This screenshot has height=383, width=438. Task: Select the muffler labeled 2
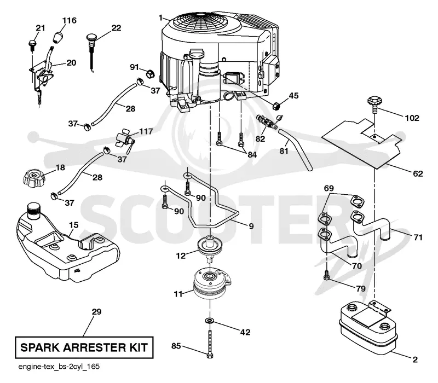coord(367,327)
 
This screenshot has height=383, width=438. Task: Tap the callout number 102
coord(412,118)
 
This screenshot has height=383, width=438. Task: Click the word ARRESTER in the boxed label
coord(94,347)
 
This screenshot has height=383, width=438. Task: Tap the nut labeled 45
coord(276,106)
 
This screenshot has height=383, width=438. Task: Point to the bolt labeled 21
coord(32,45)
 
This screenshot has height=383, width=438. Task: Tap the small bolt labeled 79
coord(326,275)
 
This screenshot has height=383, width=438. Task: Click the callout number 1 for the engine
coord(160,18)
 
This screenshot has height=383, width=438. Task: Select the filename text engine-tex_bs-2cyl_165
coord(59,367)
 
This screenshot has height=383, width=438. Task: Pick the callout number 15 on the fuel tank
coord(74,225)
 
